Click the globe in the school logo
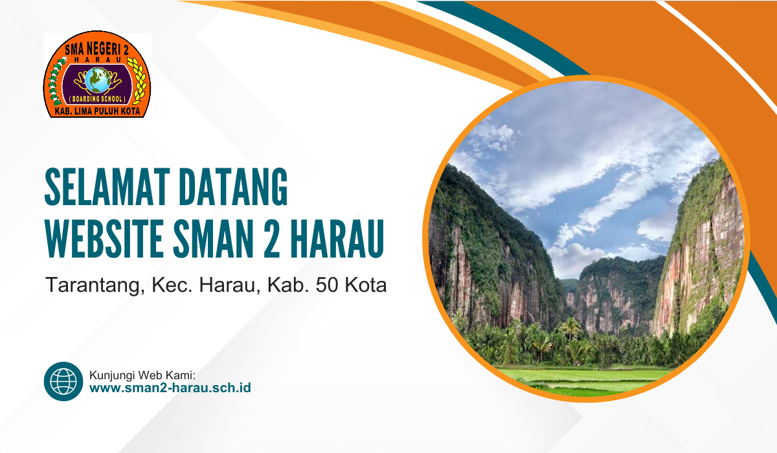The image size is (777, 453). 98,80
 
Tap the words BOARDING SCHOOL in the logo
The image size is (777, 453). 97,99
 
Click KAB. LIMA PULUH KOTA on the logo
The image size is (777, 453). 98,111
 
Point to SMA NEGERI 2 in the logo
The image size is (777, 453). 96,50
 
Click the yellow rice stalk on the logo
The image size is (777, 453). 137,80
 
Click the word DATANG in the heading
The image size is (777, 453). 233,187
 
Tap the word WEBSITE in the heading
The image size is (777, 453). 104,238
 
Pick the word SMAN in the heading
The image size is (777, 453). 213,238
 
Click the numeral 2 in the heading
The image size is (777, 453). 271,238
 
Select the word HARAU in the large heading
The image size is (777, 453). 337,238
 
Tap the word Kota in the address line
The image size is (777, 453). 366,285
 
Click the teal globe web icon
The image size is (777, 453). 63,381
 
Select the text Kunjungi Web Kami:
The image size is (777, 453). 142,375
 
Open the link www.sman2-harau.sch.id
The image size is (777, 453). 170,388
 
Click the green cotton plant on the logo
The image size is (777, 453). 56,82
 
